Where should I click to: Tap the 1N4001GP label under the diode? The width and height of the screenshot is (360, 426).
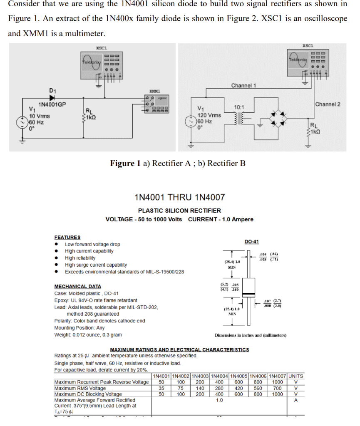pyautogui.click(x=52, y=104)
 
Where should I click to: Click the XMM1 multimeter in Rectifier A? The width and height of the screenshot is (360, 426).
pyautogui.click(x=154, y=104)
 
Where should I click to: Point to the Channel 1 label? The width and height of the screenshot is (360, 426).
pyautogui.click(x=243, y=85)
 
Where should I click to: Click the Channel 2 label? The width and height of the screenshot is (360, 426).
pyautogui.click(x=328, y=104)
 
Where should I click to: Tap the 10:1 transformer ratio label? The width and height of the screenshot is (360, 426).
pyautogui.click(x=239, y=107)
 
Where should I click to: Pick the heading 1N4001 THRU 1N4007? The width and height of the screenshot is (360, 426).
pyautogui.click(x=180, y=196)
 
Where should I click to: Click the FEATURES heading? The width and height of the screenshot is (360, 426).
pyautogui.click(x=67, y=237)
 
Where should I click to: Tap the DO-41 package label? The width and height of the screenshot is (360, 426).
pyautogui.click(x=251, y=242)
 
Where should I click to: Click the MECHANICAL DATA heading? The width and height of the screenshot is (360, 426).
pyautogui.click(x=77, y=286)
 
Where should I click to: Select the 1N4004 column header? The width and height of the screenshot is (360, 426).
pyautogui.click(x=219, y=376)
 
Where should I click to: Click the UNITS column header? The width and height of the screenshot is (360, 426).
pyautogui.click(x=295, y=376)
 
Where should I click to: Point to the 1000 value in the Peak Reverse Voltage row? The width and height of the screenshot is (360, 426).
pyautogui.click(x=277, y=382)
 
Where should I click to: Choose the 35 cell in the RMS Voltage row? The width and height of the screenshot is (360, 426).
pyautogui.click(x=161, y=388)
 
